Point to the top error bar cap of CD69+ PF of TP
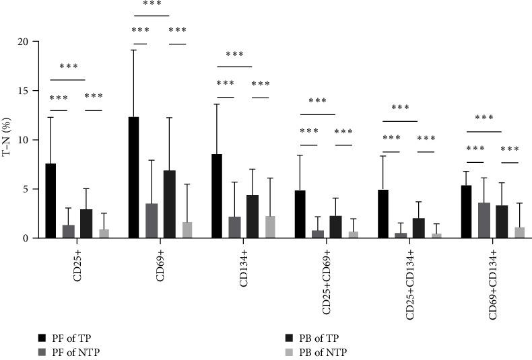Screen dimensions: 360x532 pos(133,50)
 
